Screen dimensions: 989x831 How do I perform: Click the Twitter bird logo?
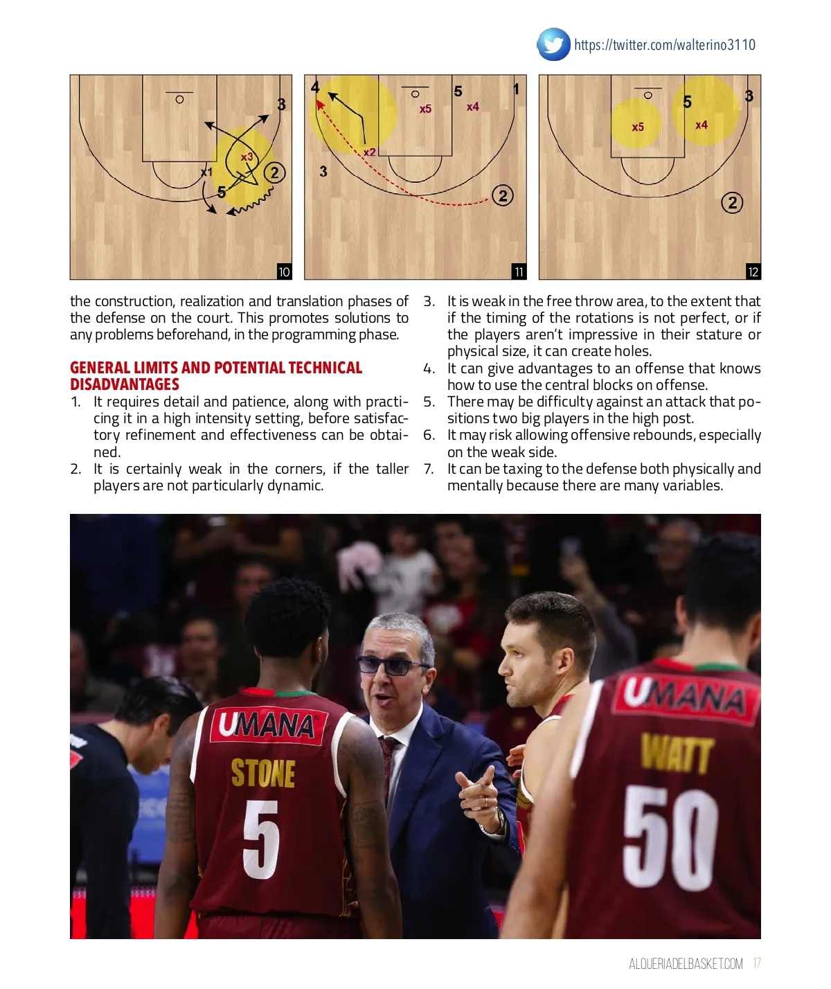point(553,45)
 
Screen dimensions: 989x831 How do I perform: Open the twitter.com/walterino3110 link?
point(665,45)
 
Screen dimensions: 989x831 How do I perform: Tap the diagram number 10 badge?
point(284,271)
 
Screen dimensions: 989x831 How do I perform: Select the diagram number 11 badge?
point(519,271)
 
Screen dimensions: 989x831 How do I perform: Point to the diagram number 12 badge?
point(753,271)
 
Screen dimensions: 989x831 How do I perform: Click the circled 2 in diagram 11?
point(503,196)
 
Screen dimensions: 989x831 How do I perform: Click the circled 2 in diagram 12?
point(732,203)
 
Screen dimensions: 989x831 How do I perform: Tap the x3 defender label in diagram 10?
point(247,157)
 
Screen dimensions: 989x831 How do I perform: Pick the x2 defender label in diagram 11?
point(369,152)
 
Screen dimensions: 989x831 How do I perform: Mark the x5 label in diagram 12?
point(638,127)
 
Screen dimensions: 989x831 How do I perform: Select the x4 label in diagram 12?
point(702,125)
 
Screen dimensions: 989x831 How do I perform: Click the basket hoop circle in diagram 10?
point(179,100)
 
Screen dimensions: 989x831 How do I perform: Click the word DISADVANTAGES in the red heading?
point(125,385)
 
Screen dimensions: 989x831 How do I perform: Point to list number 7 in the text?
point(429,469)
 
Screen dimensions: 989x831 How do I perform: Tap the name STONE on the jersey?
point(263,773)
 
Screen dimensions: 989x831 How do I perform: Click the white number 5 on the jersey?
point(261,839)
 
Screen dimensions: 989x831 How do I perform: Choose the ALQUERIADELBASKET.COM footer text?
point(686,964)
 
